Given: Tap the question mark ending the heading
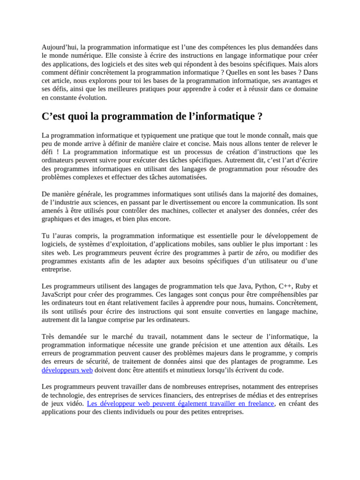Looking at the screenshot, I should click(260, 116).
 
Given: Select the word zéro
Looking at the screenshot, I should click(257, 253).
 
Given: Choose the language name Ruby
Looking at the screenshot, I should click(305, 286).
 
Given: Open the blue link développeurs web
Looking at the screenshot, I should click(67, 370).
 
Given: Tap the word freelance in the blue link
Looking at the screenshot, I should click(257, 404).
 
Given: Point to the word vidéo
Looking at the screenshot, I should click(75, 404).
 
